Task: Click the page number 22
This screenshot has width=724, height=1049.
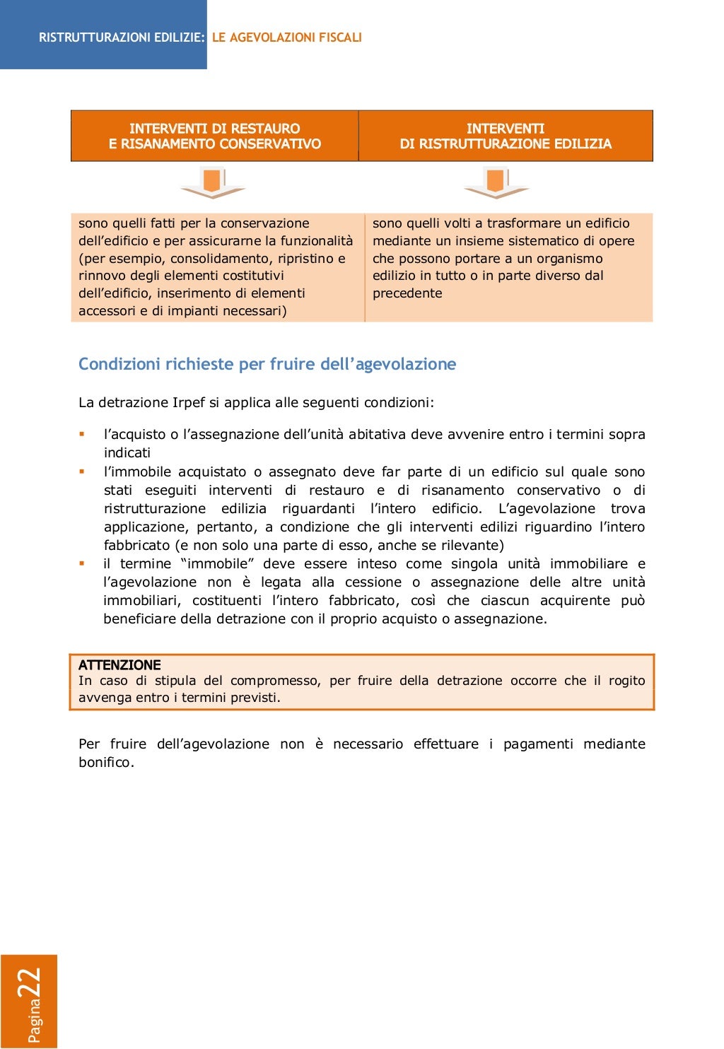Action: [30, 983]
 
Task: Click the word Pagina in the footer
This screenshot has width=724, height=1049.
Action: [34, 1021]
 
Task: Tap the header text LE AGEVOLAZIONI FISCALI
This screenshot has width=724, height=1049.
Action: [286, 37]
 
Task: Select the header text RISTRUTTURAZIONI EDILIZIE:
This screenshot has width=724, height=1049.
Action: [122, 37]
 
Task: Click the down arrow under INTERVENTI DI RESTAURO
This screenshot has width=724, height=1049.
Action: [213, 183]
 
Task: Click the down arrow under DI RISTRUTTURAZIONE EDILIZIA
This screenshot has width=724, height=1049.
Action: [496, 183]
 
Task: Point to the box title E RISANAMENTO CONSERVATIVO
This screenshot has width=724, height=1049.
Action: [214, 144]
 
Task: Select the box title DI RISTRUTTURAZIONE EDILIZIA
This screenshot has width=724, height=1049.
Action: [505, 144]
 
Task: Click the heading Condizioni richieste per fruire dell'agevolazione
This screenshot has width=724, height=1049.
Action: [267, 364]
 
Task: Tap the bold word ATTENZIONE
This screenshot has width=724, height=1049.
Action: [119, 665]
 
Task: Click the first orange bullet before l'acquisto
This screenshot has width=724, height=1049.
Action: [82, 434]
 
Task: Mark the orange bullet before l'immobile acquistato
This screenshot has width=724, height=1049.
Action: [82, 471]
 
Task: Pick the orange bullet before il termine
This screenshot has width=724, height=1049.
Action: [82, 563]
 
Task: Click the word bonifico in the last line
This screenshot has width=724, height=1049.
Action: [105, 763]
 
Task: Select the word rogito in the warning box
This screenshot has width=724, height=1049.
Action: [626, 681]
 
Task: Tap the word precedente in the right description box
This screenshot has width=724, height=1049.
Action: [407, 293]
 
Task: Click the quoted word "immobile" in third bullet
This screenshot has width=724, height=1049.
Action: [217, 564]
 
